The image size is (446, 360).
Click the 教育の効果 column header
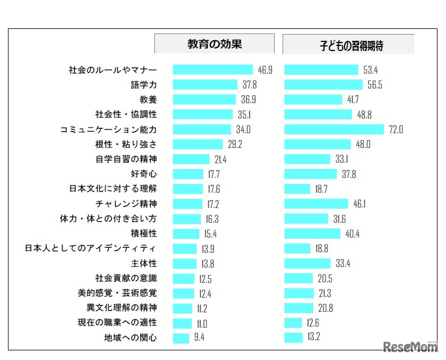pyautogui.click(x=214, y=44)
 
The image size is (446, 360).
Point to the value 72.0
pyautogui.click(x=395, y=129)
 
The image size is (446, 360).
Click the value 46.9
pyautogui.click(x=265, y=70)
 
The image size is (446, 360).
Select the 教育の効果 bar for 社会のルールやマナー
pyautogui.click(x=213, y=70)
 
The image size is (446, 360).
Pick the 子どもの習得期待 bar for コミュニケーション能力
pyautogui.click(x=334, y=129)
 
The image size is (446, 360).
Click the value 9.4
pyautogui.click(x=199, y=338)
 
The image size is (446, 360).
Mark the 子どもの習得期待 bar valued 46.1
pyautogui.click(x=316, y=204)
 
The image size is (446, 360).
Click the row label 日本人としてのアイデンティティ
pyautogui.click(x=91, y=248)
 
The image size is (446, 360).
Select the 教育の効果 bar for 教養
pyautogui.click(x=204, y=100)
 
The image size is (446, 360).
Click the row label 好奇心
pyautogui.click(x=144, y=174)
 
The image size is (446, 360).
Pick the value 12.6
pyautogui.click(x=313, y=323)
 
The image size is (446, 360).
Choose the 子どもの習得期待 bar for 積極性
pyautogui.click(x=312, y=234)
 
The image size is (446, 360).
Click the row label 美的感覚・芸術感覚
pyautogui.click(x=117, y=293)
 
